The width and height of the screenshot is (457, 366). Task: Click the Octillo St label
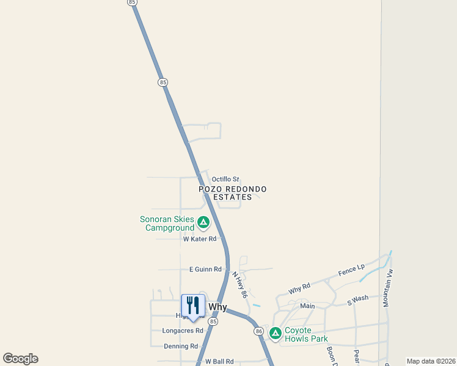[x=225, y=179]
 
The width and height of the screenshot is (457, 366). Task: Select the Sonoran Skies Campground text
[x=167, y=224]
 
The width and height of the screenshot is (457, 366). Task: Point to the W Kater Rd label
[x=200, y=239]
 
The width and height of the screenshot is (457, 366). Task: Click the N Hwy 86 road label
[x=239, y=285]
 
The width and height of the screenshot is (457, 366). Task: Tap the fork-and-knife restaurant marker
[x=193, y=306]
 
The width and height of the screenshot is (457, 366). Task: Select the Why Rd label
[x=299, y=287]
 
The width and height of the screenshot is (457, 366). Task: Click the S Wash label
[x=358, y=300]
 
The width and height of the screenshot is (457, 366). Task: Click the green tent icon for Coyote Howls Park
[x=276, y=333]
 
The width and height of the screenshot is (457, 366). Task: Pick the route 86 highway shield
[x=258, y=331]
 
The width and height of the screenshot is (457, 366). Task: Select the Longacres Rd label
[x=182, y=331]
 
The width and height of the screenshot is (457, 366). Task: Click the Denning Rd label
[x=181, y=346]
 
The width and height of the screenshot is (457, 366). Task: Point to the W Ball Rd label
[x=219, y=362]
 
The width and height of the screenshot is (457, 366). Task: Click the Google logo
[x=20, y=359]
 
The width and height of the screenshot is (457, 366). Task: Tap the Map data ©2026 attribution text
[x=431, y=361]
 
